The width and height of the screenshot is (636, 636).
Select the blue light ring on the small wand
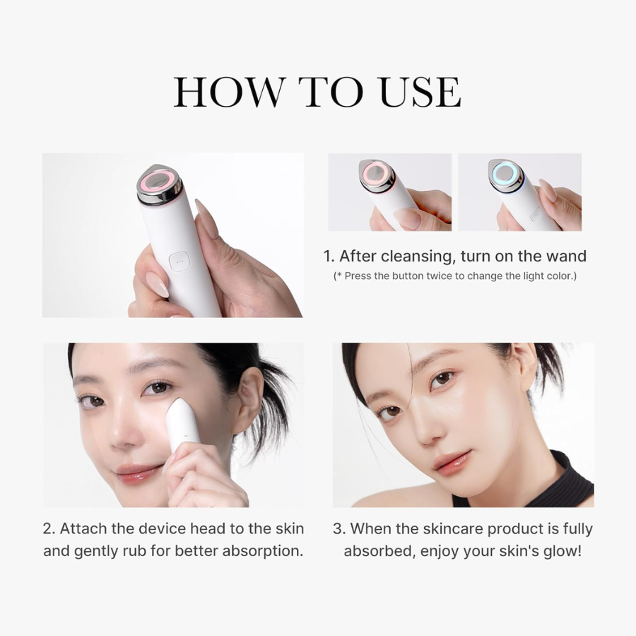pyautogui.click(x=505, y=172)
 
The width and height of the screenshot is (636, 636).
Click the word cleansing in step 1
pyautogui.click(x=415, y=256)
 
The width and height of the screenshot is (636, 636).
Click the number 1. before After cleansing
pyautogui.click(x=329, y=256)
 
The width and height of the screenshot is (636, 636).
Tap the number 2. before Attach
pyautogui.click(x=49, y=529)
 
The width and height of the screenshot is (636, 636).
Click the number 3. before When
pyautogui.click(x=339, y=529)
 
